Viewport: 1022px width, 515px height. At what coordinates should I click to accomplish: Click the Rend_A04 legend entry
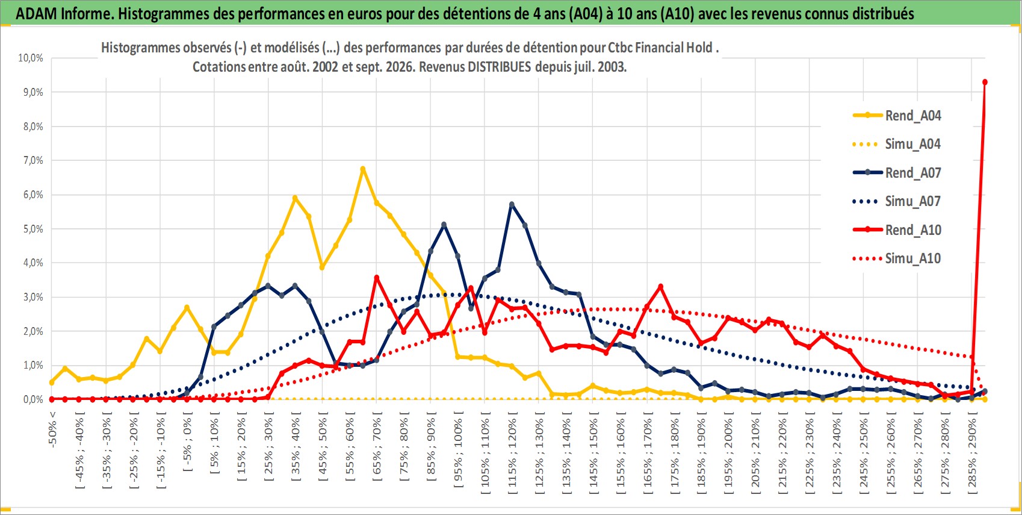point(897,116)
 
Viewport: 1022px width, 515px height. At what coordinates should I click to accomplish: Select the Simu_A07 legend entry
point(897,201)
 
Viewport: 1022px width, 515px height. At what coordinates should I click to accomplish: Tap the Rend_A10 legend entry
point(897,229)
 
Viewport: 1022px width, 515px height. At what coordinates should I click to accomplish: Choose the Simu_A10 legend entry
point(897,258)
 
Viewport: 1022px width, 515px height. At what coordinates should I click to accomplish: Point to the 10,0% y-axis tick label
point(31,58)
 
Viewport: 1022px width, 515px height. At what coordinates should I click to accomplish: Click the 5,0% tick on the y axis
point(33,229)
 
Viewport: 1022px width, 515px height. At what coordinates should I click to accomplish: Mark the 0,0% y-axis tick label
point(33,399)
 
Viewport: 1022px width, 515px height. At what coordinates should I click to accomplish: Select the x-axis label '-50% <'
point(52,429)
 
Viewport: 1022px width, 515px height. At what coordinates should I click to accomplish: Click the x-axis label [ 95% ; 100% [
point(458,450)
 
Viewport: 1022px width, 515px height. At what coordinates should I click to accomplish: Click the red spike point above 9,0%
point(985,82)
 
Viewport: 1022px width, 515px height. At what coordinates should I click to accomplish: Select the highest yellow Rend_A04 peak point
point(363,169)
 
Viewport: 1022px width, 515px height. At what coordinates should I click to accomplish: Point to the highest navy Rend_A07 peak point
point(512,205)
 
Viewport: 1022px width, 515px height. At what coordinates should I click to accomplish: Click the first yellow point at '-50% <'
point(52,382)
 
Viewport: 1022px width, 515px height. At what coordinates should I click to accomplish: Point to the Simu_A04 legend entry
point(897,145)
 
